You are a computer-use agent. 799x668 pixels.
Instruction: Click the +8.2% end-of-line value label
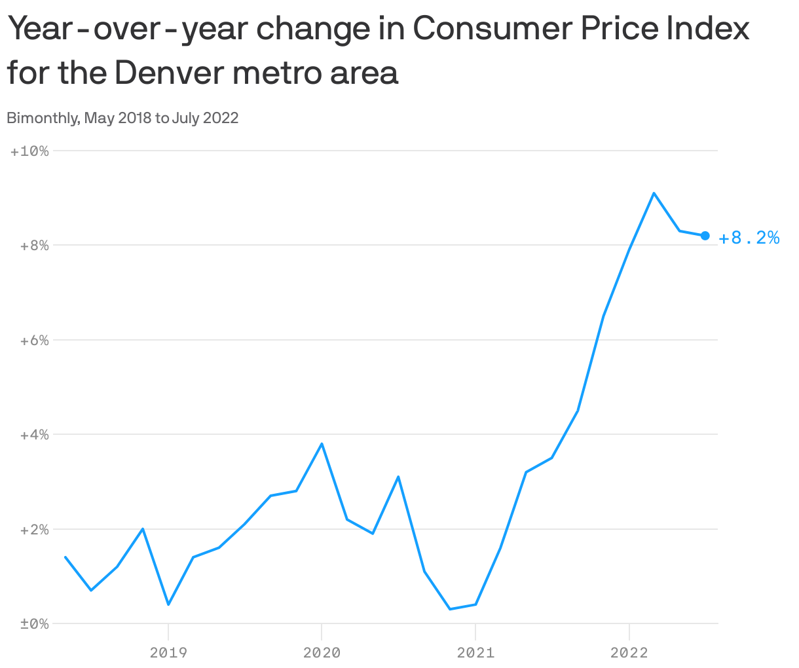(x=749, y=238)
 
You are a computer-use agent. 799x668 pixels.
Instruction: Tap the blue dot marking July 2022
(x=705, y=236)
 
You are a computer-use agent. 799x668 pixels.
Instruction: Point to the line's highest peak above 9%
(x=654, y=193)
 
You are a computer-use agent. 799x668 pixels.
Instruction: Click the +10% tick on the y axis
(x=29, y=151)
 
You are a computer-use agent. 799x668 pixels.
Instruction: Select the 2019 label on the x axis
(x=168, y=652)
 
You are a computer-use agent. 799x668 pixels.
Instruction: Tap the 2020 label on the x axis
(x=322, y=652)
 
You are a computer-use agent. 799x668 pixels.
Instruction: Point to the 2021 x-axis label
(x=475, y=652)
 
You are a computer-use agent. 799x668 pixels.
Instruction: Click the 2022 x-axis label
(x=629, y=652)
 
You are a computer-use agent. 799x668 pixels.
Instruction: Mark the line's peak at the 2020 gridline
(x=322, y=444)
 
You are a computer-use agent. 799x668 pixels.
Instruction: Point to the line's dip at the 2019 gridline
(x=168, y=604)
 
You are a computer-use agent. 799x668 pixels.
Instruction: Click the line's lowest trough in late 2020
(x=450, y=609)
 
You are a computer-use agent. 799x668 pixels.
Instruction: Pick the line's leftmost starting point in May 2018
(x=65, y=557)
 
